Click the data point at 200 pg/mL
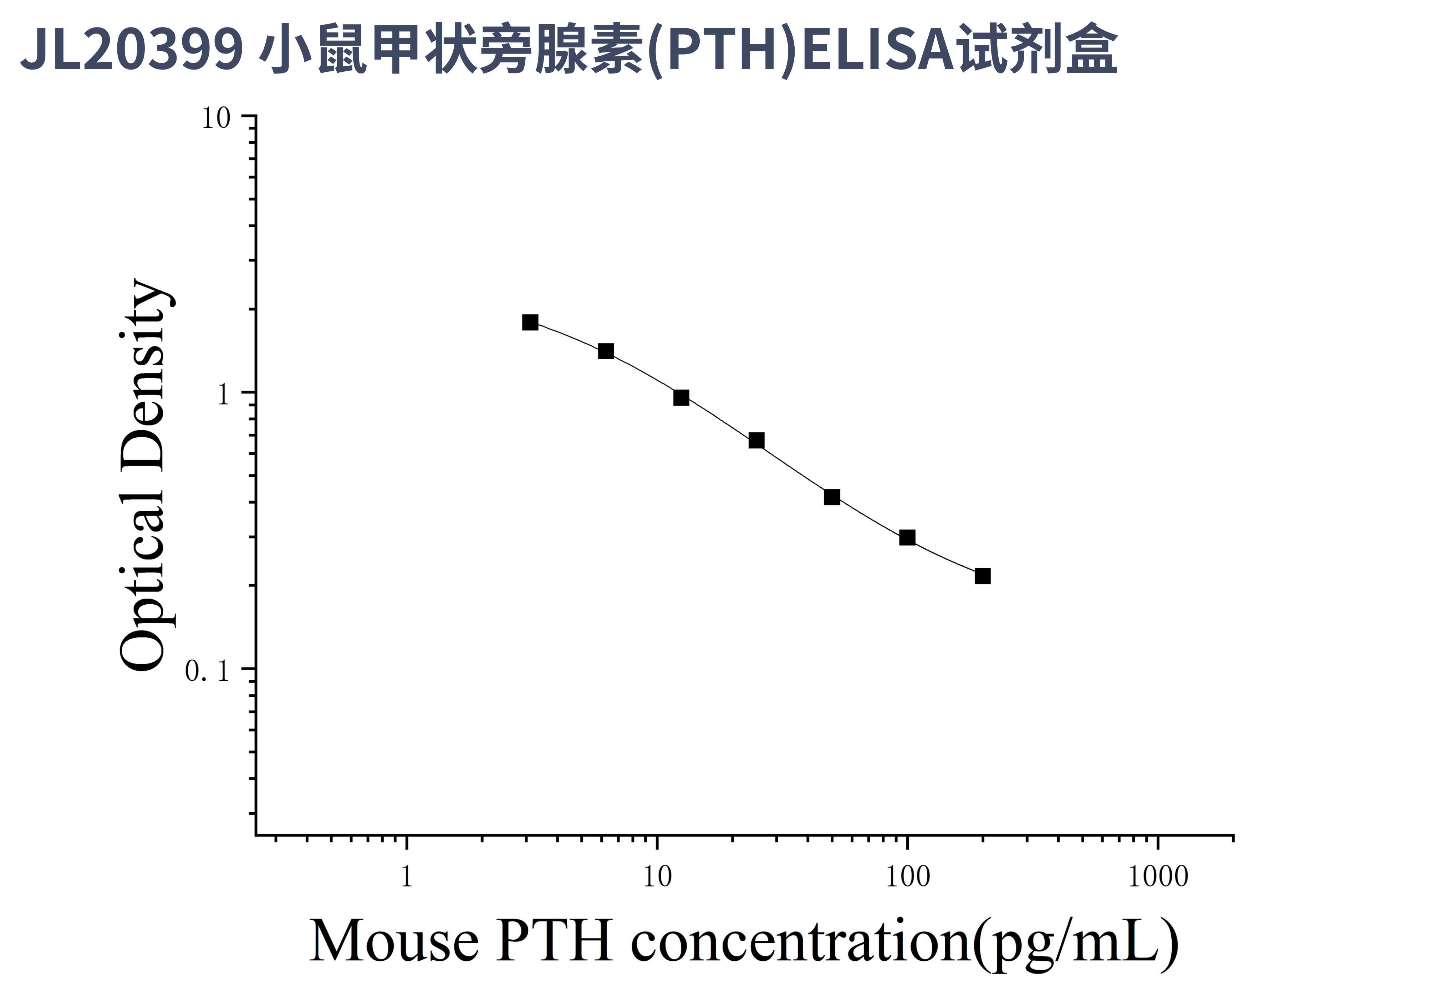tap(982, 576)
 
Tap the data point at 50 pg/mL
tap(832, 497)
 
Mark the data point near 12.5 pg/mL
tap(681, 397)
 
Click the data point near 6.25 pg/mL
tap(606, 351)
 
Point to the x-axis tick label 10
tap(657, 876)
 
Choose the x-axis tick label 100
tap(907, 876)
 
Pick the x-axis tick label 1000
tap(1158, 876)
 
